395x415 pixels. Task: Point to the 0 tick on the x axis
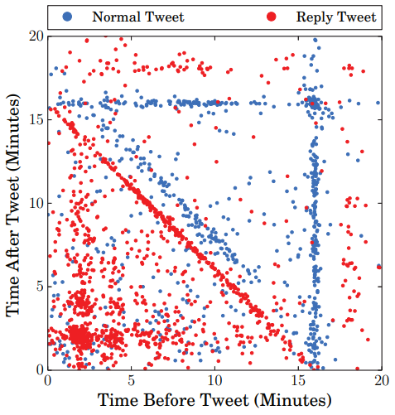(49, 380)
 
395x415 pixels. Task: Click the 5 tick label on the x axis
(132, 380)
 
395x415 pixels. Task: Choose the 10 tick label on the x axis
(215, 380)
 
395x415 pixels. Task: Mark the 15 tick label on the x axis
(298, 380)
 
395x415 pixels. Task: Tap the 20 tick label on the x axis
(381, 380)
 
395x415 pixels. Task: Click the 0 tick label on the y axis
(39, 369)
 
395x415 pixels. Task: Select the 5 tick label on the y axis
(39, 286)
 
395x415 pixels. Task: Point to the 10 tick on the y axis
(36, 203)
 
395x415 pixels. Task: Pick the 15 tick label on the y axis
(36, 119)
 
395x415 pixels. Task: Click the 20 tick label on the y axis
(36, 36)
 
